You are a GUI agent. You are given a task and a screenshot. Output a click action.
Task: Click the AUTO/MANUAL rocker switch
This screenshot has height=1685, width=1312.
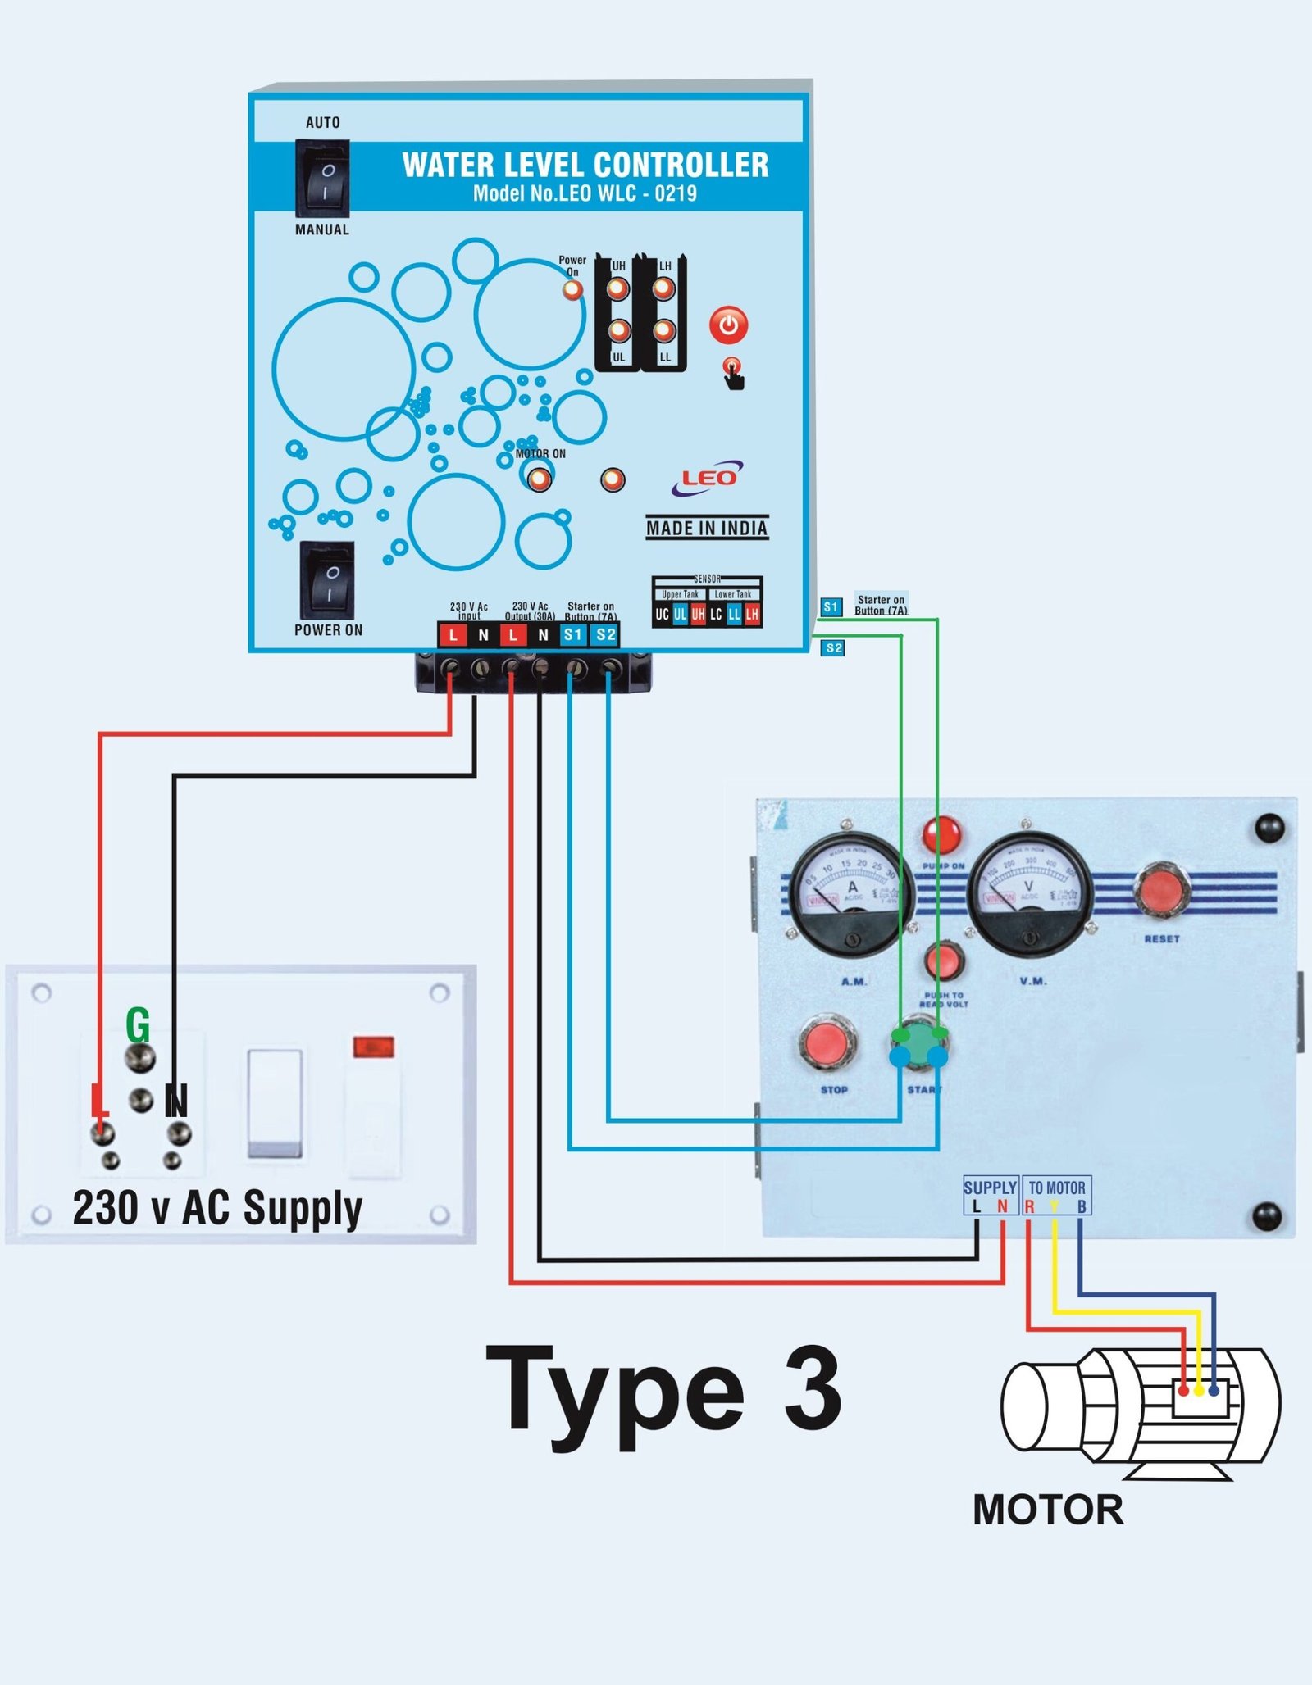pyautogui.click(x=322, y=177)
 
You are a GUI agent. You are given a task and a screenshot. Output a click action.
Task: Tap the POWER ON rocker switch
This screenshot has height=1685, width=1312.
pyautogui.click(x=327, y=579)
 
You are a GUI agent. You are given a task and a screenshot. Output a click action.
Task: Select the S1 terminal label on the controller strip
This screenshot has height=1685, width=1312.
pyautogui.click(x=573, y=634)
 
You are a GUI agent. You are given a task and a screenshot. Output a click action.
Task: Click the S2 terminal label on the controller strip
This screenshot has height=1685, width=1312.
pyautogui.click(x=605, y=634)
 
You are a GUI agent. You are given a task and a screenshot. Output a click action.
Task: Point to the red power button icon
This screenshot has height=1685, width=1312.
pyautogui.click(x=728, y=325)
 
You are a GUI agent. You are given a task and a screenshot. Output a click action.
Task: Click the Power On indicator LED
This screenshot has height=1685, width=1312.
pyautogui.click(x=572, y=289)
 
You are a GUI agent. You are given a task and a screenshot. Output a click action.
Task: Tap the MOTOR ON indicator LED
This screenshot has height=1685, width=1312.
pyautogui.click(x=539, y=479)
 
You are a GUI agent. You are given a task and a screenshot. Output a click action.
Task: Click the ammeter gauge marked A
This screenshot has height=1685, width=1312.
pyautogui.click(x=852, y=893)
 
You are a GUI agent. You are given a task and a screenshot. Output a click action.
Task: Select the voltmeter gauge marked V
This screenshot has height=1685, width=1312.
pyautogui.click(x=1030, y=893)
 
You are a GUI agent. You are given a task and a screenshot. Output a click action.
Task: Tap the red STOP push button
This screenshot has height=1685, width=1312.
pyautogui.click(x=827, y=1042)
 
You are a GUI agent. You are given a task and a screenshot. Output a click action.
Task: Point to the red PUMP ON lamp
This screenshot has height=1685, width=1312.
pyautogui.click(x=942, y=835)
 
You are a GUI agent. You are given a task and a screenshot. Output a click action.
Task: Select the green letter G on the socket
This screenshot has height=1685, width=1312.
pyautogui.click(x=138, y=1024)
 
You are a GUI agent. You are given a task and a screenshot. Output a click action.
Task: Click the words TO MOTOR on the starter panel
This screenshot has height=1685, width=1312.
pyautogui.click(x=1056, y=1188)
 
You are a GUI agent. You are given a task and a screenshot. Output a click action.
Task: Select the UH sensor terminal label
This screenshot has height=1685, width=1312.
pyautogui.click(x=698, y=614)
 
